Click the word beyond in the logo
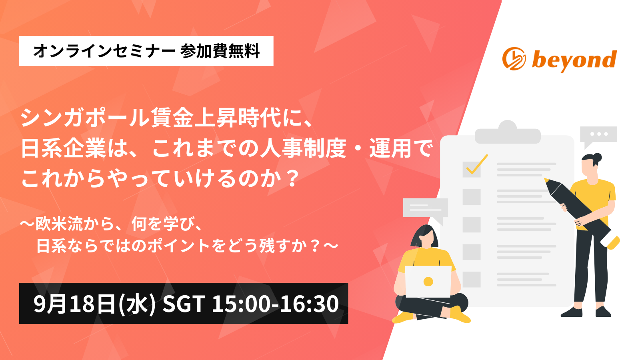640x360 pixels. tap(574, 60)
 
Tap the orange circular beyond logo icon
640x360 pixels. tap(514, 59)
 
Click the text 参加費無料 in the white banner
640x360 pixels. tap(220, 52)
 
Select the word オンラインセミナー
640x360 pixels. tap(104, 52)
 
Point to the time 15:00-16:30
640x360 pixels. tap(276, 304)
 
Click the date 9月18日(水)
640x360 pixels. tap(94, 304)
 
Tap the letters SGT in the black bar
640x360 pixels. tap(184, 304)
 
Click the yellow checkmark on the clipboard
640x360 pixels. tap(477, 164)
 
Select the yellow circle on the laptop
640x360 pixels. tap(428, 282)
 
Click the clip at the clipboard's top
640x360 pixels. tap(508, 132)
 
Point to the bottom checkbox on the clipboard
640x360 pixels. tap(472, 279)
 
